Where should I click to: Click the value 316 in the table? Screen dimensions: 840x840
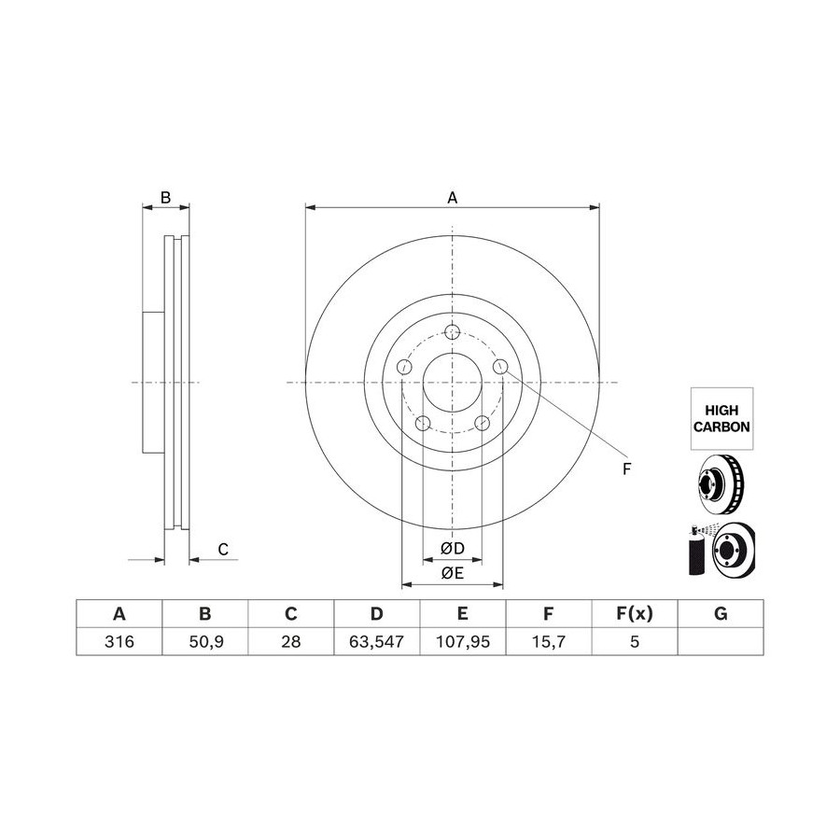[119, 641]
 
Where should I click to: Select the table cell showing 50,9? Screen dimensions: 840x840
[205, 641]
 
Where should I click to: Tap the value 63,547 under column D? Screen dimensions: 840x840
[377, 641]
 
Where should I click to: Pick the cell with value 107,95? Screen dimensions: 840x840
[463, 641]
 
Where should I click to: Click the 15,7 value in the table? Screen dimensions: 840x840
[549, 641]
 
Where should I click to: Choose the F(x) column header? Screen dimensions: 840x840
[635, 613]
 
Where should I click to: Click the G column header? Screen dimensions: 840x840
[721, 613]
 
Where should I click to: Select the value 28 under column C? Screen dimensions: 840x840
[291, 641]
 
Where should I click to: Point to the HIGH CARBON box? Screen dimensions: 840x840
[721, 418]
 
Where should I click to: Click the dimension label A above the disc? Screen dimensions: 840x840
[452, 198]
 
